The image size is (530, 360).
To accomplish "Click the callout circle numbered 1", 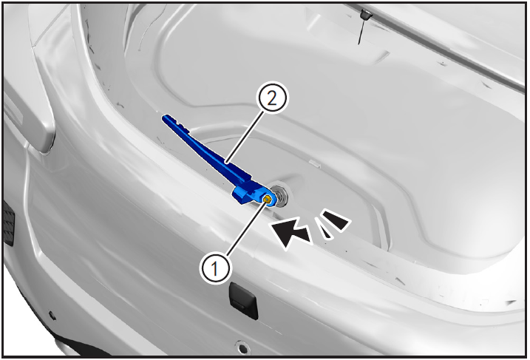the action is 215,269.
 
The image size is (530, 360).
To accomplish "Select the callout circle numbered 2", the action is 272,98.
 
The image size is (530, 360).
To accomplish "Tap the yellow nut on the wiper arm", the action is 267,199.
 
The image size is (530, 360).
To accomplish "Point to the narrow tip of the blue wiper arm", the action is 165,118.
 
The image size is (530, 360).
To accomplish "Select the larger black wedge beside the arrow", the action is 336,220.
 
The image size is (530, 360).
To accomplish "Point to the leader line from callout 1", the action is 245,229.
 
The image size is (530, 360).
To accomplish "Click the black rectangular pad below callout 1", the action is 243,300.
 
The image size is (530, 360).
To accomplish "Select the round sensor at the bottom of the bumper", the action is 242,347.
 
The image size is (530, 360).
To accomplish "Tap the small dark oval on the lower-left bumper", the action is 52,316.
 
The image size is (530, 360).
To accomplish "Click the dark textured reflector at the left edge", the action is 8,223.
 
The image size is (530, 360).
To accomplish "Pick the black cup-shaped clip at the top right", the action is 366,15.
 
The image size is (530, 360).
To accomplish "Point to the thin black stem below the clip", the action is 361,32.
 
